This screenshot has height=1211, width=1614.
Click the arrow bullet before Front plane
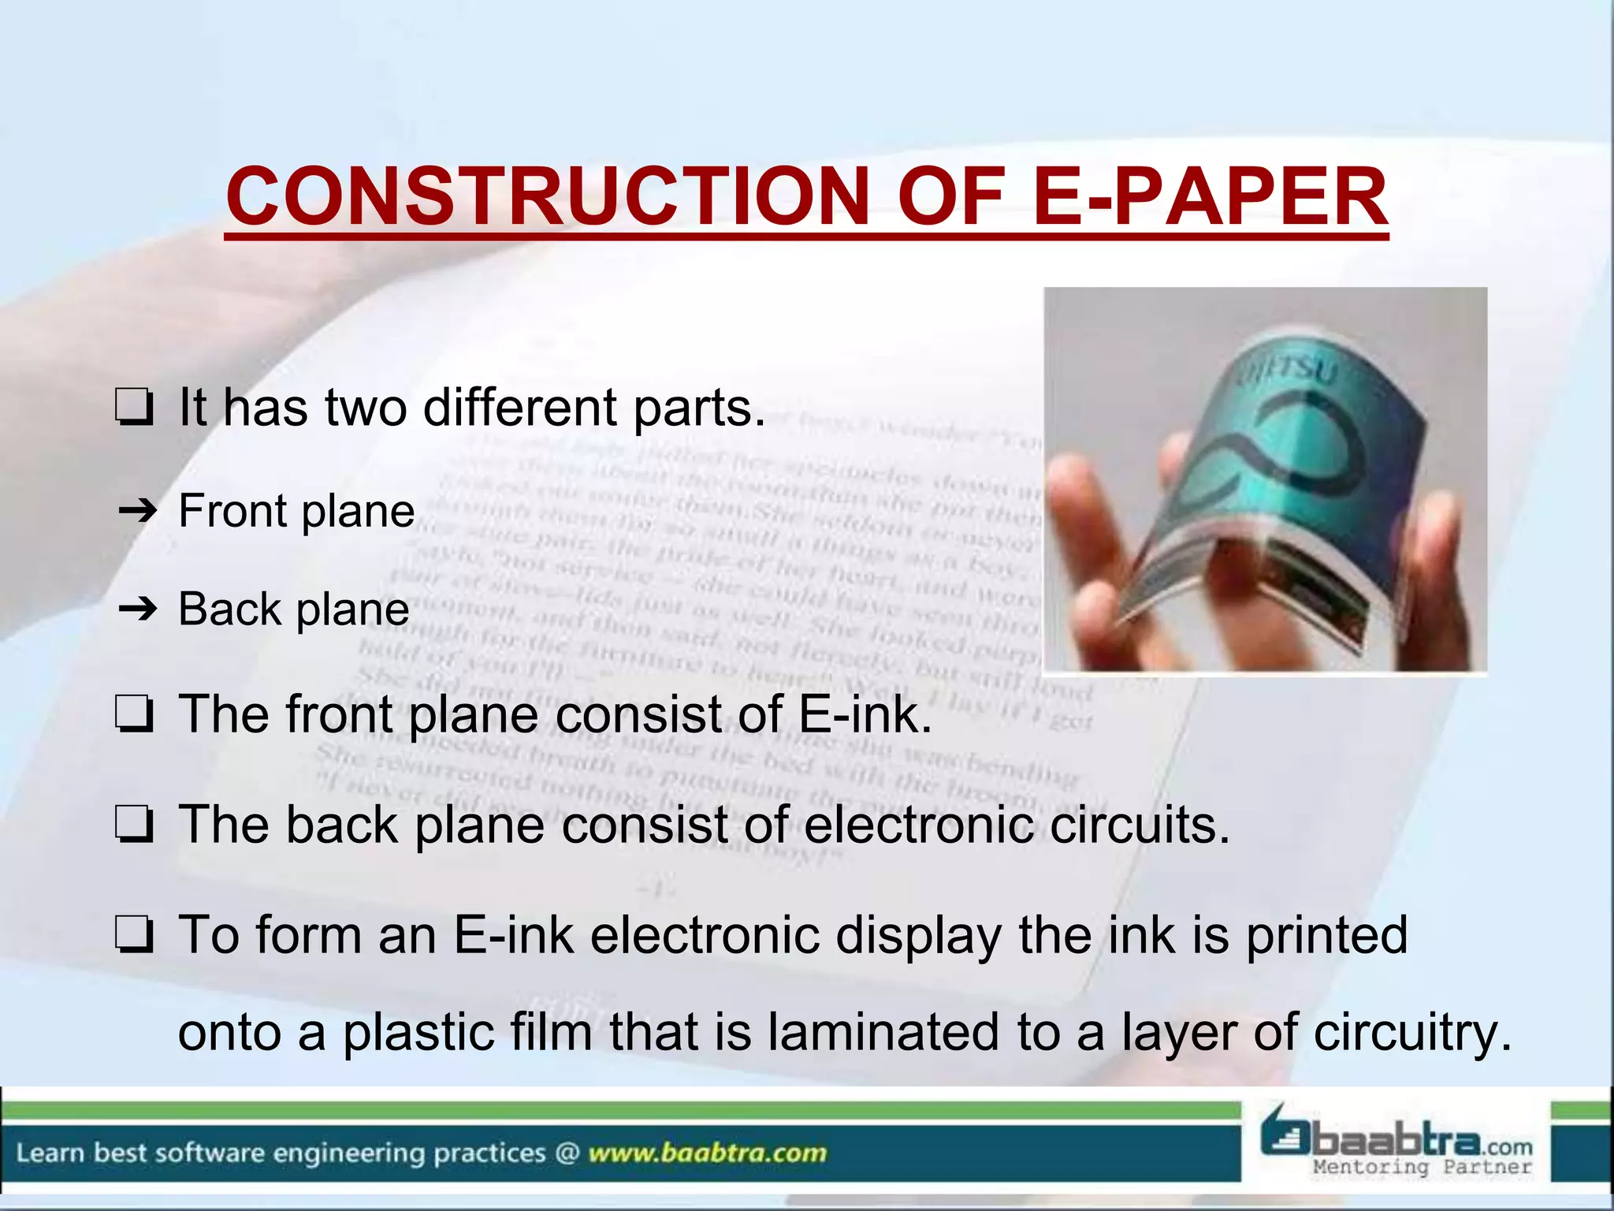coord(138,512)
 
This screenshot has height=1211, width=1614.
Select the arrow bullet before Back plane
coord(138,609)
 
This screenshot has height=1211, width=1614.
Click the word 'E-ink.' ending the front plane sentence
coord(865,714)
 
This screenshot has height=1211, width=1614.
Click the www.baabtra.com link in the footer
coord(707,1153)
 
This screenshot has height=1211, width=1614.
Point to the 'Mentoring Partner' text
coord(1422,1167)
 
